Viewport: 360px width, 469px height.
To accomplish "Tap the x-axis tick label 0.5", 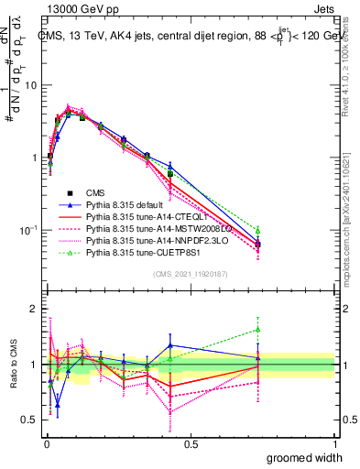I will pos(191,444).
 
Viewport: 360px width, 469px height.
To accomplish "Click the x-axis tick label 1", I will pos(334,444).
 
